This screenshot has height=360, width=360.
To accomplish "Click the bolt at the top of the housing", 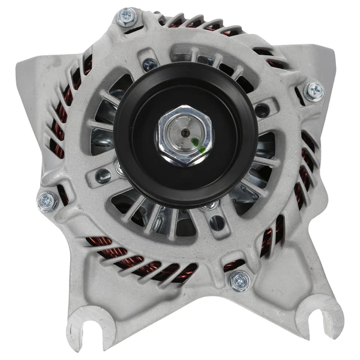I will click(127, 16).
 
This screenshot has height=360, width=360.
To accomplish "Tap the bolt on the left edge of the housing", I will click(47, 201).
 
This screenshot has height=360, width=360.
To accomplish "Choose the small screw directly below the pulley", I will click(209, 207).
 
